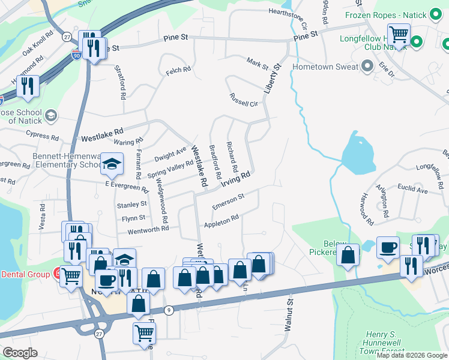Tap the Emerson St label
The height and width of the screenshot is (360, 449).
[229, 202]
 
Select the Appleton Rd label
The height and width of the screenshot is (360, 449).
[221, 221]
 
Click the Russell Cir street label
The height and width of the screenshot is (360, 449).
[243, 100]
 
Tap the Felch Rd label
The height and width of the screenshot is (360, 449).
[178, 70]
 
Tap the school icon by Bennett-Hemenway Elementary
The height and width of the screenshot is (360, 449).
[112, 164]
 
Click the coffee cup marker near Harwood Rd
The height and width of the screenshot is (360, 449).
[388, 247]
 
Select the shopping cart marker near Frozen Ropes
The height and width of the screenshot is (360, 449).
[398, 34]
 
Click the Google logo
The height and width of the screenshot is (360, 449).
[20, 353]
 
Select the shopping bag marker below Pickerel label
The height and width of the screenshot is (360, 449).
[348, 256]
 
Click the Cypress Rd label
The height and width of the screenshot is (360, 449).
[42, 137]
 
